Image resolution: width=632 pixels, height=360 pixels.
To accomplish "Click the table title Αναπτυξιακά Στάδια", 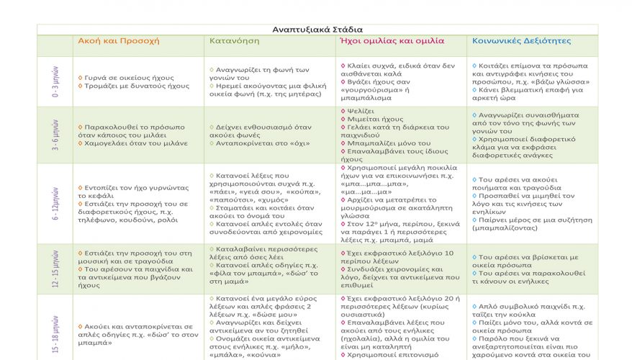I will tap(317, 30).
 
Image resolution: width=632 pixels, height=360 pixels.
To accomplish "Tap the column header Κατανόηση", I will tap(234, 41).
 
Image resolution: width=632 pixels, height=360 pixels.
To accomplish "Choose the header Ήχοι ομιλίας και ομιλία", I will tap(391, 41).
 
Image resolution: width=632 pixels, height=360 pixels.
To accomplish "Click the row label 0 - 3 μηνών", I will tap(55, 82).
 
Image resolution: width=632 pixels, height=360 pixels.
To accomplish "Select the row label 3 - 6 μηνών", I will tap(55, 135).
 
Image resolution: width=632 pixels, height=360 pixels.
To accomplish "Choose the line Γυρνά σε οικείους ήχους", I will tap(122, 77).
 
